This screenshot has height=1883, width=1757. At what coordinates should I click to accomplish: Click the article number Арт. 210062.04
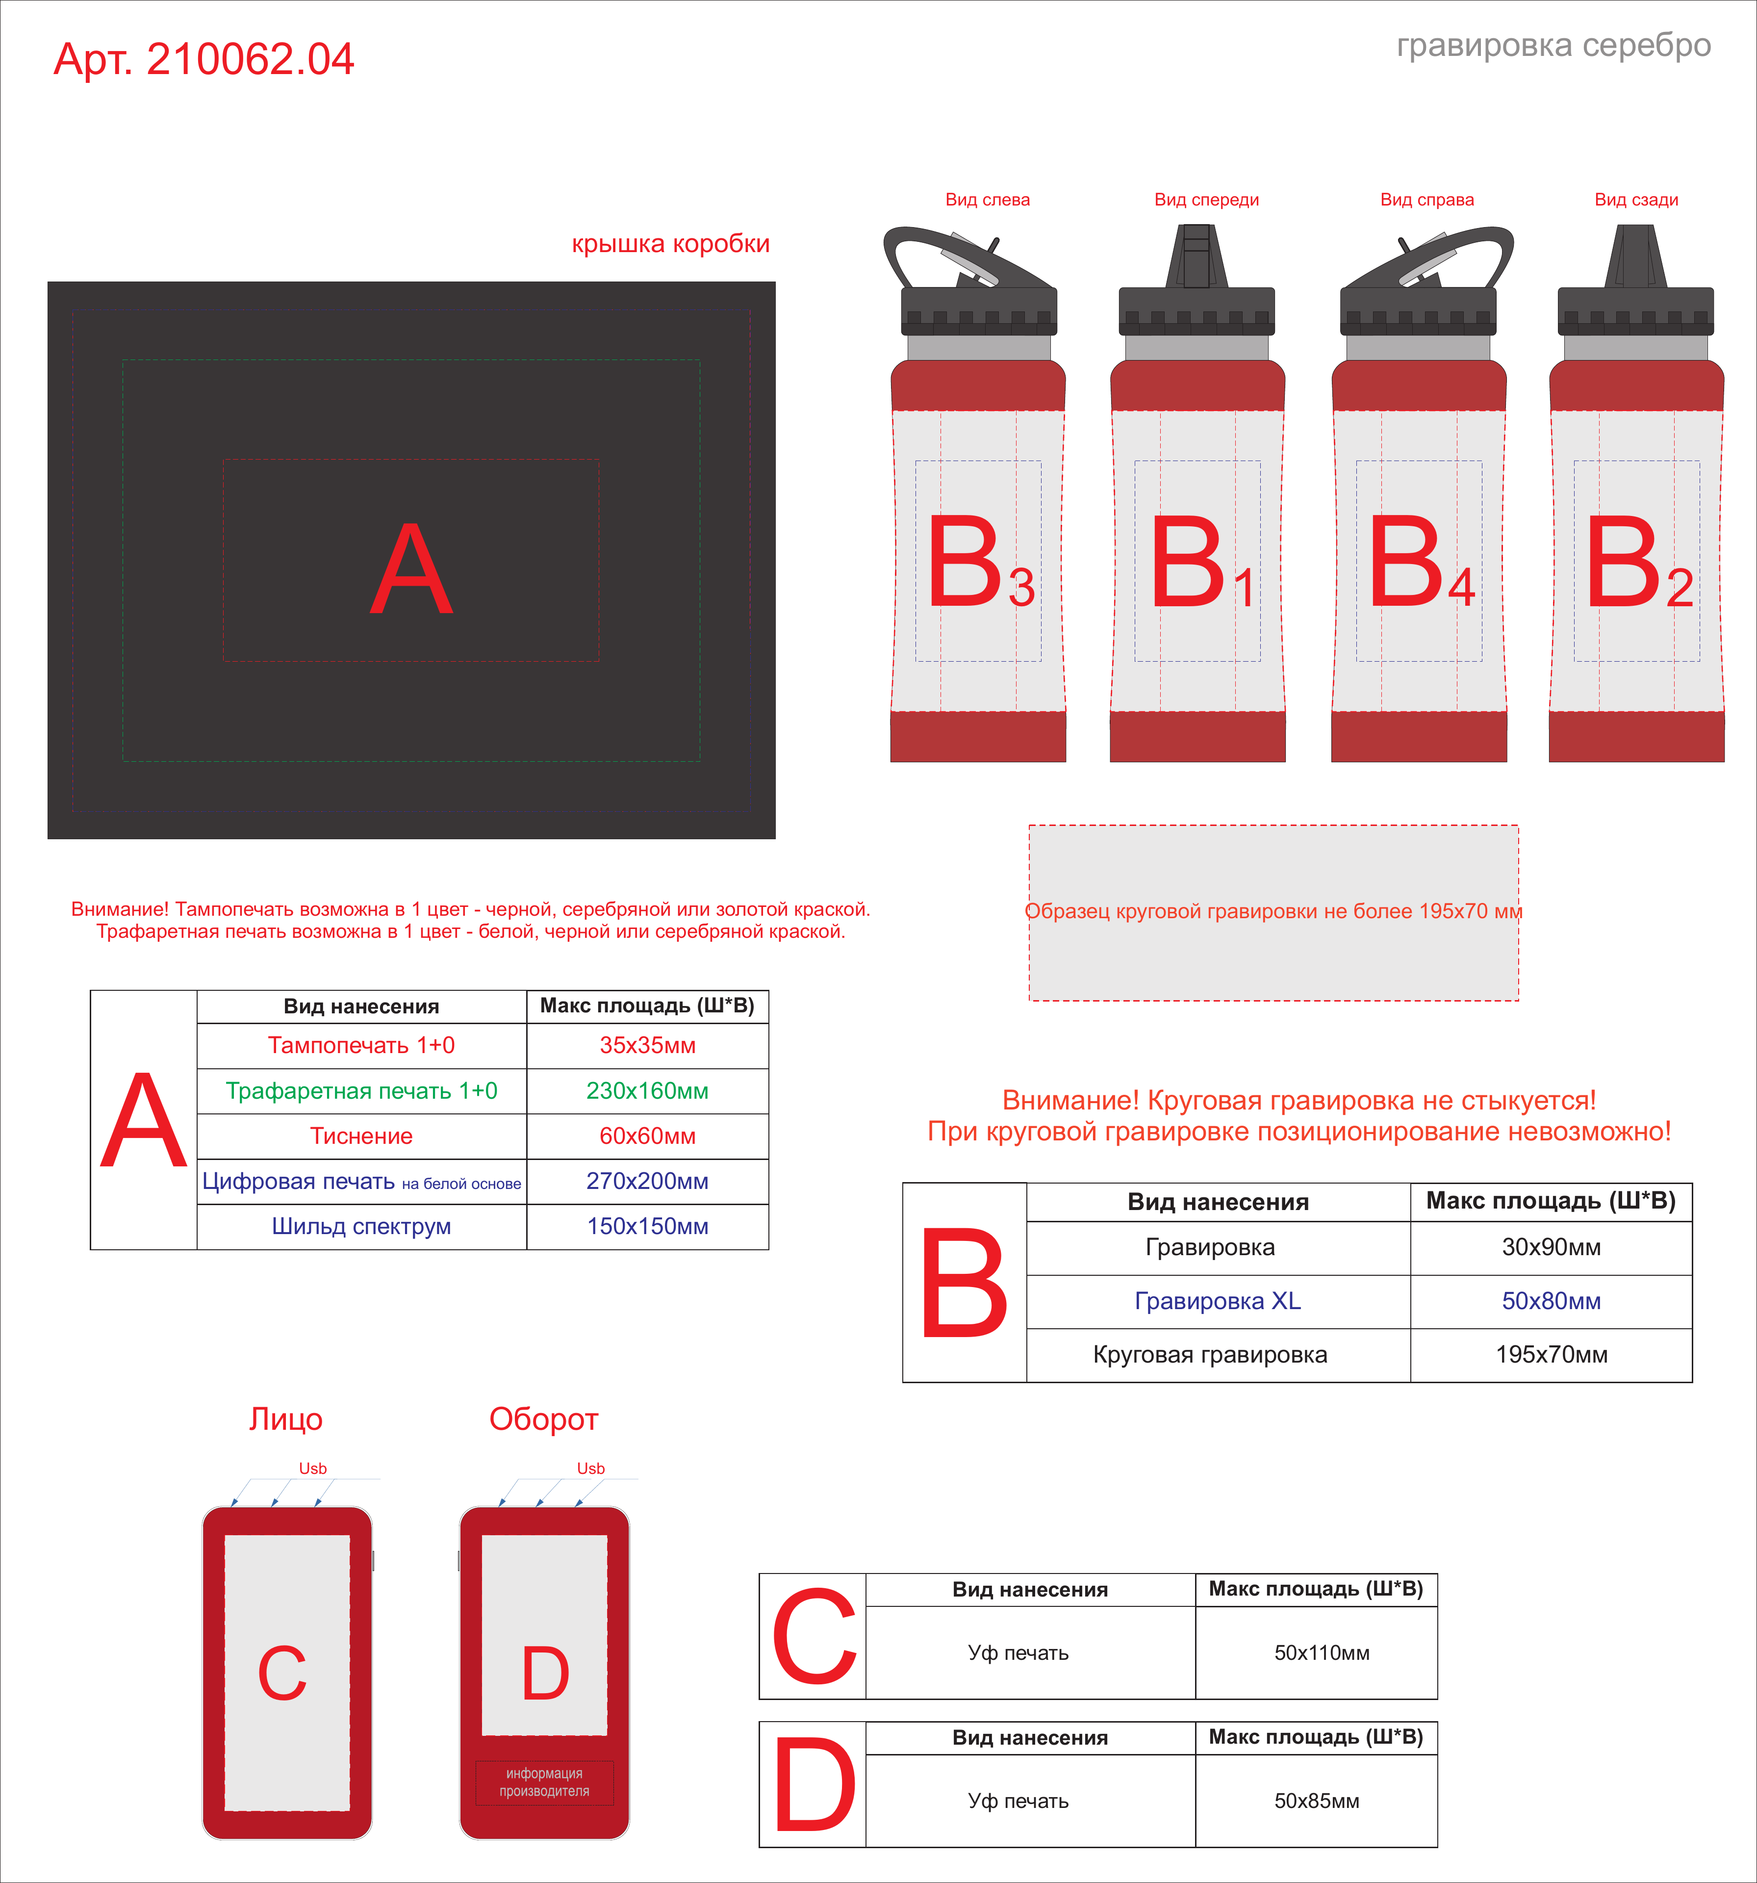pos(204,59)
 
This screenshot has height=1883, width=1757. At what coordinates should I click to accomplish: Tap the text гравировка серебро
pos(1553,46)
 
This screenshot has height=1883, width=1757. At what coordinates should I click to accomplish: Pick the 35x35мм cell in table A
pos(648,1046)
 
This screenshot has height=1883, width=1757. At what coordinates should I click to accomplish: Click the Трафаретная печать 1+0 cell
pos(362,1091)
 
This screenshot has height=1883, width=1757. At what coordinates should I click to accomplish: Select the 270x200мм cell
pos(648,1181)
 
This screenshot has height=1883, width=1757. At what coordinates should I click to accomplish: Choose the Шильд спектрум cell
pos(362,1227)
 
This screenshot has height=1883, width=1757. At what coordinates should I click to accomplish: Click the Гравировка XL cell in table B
pos(1218,1301)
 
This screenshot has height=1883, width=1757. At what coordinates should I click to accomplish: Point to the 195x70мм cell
pos(1552,1355)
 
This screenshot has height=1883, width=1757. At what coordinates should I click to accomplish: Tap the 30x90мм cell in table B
pos(1552,1247)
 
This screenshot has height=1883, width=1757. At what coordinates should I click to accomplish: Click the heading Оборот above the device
pos(544,1419)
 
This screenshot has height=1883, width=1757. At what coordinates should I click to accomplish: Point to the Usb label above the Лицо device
pos(312,1468)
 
